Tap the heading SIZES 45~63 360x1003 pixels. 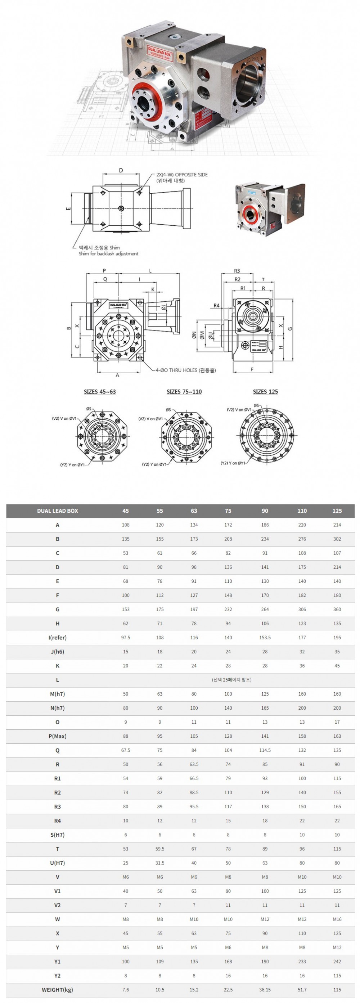tap(100, 392)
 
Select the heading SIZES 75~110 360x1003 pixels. tap(184, 392)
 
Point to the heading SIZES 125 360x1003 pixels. tap(265, 392)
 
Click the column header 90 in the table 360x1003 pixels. tap(265, 511)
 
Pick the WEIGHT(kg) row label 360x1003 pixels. tap(57, 989)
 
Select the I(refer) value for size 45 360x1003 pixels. tap(125, 637)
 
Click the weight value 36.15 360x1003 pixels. tap(265, 989)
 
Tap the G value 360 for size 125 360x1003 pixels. tap(337, 610)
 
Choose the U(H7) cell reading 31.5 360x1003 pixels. tap(159, 863)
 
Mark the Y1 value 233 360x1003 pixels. tap(302, 961)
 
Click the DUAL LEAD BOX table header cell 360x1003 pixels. tap(57, 511)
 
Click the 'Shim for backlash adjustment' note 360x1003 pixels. tap(108, 254)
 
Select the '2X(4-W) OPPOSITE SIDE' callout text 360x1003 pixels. tap(182, 175)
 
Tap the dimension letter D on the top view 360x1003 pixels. tap(121, 171)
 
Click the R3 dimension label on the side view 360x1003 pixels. tap(237, 271)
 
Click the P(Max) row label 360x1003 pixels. tap(57, 736)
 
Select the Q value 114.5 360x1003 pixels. tap(265, 750)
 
